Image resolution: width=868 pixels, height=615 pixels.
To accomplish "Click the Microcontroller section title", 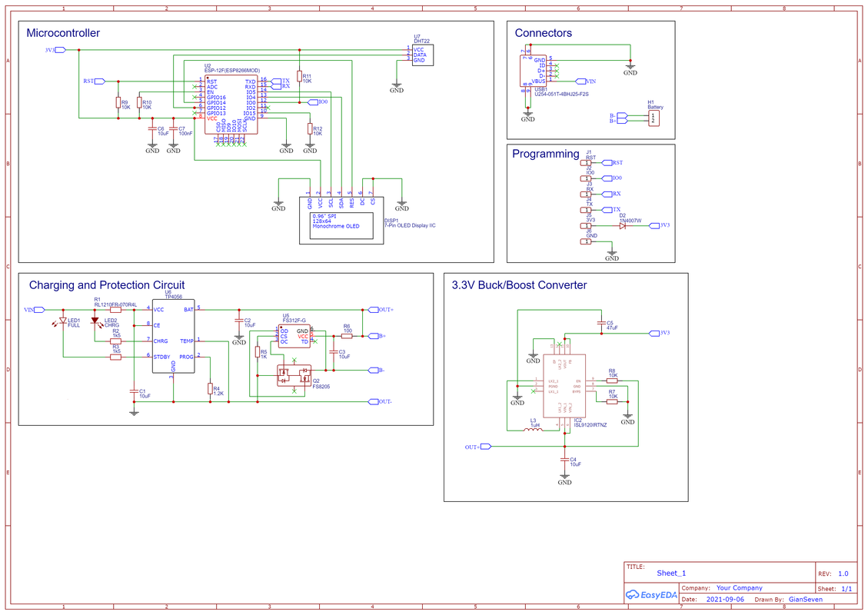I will [x=62, y=33].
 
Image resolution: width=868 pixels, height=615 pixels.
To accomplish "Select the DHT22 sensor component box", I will [x=423, y=55].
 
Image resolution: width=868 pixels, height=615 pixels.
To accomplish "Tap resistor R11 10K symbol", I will [x=299, y=76].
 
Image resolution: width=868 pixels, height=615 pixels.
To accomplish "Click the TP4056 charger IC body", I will [x=173, y=336].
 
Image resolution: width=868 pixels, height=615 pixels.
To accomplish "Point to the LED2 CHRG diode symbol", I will [x=95, y=320].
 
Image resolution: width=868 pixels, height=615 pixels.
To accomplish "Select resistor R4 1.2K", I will [x=210, y=389].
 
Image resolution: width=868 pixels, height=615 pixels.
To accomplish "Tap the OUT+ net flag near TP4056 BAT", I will [x=384, y=310].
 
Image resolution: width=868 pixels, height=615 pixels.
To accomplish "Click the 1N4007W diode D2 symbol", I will [x=623, y=225].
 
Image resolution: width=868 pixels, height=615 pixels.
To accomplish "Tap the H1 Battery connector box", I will [x=653, y=118].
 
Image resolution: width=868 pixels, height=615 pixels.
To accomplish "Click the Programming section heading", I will [x=545, y=154].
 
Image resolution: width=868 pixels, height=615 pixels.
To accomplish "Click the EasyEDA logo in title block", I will [x=650, y=594].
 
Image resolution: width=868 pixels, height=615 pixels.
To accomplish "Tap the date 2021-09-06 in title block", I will [x=725, y=599].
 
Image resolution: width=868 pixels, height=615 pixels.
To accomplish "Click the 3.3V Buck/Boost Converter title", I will [x=519, y=284].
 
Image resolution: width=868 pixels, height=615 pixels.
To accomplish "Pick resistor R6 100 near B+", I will [x=347, y=336].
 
